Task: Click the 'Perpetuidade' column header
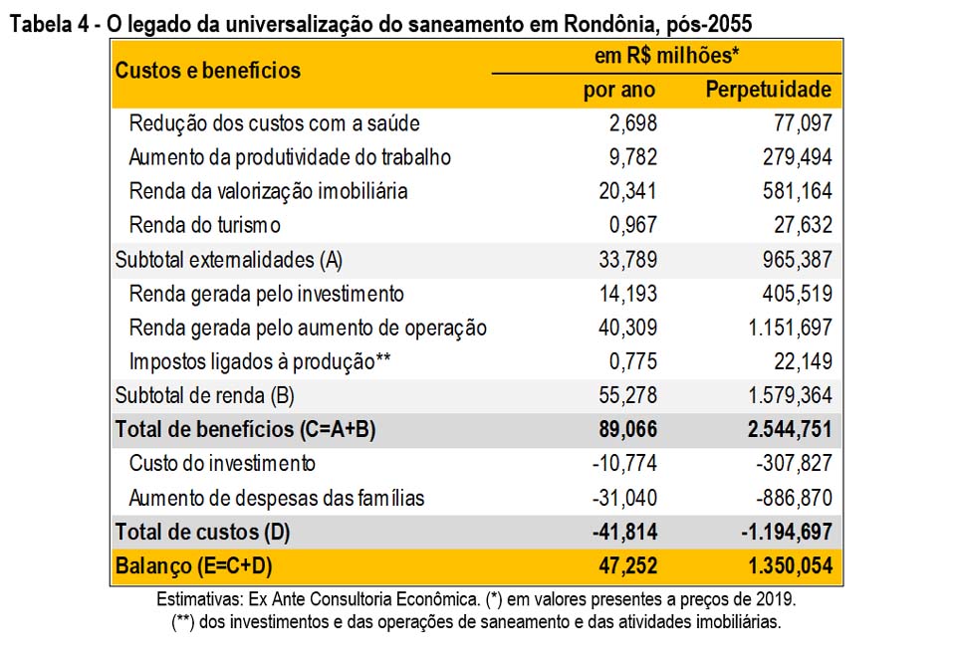click(x=768, y=90)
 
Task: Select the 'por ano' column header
click(x=619, y=90)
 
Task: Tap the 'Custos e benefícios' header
click(x=207, y=71)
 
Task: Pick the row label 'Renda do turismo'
click(x=204, y=225)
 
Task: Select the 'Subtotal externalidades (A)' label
click(x=229, y=260)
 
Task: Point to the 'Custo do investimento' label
click(x=222, y=463)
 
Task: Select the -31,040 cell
click(x=624, y=497)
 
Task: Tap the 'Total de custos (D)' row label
click(x=202, y=532)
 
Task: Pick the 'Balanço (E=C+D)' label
click(x=194, y=565)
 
